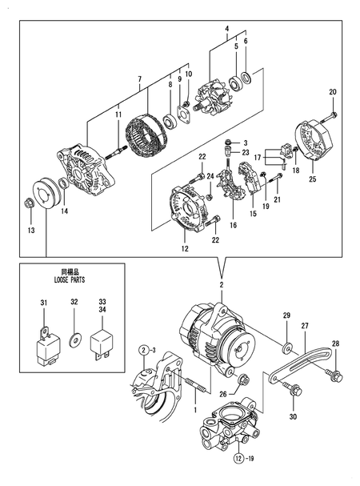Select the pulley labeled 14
47,192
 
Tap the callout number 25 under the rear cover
312,179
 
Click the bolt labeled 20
332,114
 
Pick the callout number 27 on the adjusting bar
305,327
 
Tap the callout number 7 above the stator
139,78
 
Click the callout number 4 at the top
227,29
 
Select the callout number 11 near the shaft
118,117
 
